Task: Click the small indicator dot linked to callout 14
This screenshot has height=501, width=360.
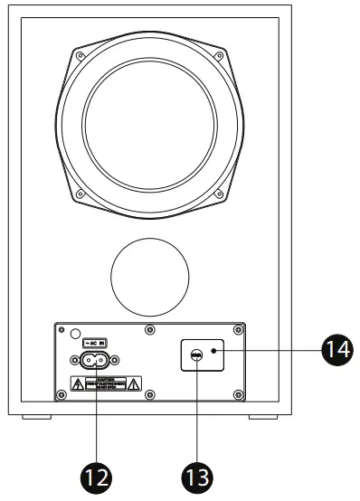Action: [x=213, y=350]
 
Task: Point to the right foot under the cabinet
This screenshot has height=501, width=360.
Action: [x=265, y=418]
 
